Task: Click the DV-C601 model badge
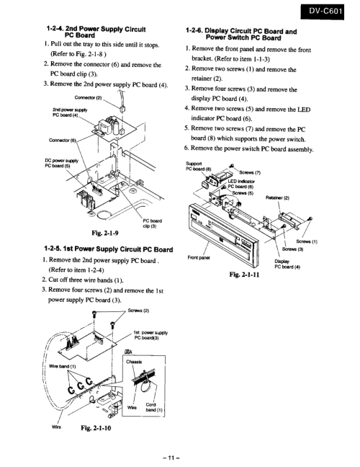tap(322, 12)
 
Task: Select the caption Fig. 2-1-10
tap(96, 428)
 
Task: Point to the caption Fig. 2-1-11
tap(244, 275)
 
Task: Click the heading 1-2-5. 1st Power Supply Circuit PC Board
tap(108, 249)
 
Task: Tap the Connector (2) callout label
tap(88, 97)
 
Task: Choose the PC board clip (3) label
tap(153, 223)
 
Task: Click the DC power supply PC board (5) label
tap(61, 163)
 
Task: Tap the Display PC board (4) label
tap(287, 264)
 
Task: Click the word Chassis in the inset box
tap(134, 362)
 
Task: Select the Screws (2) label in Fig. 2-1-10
tap(138, 311)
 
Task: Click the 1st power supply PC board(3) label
tap(151, 335)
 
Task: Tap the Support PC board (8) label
tap(199, 166)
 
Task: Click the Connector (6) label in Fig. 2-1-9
tap(63, 141)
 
